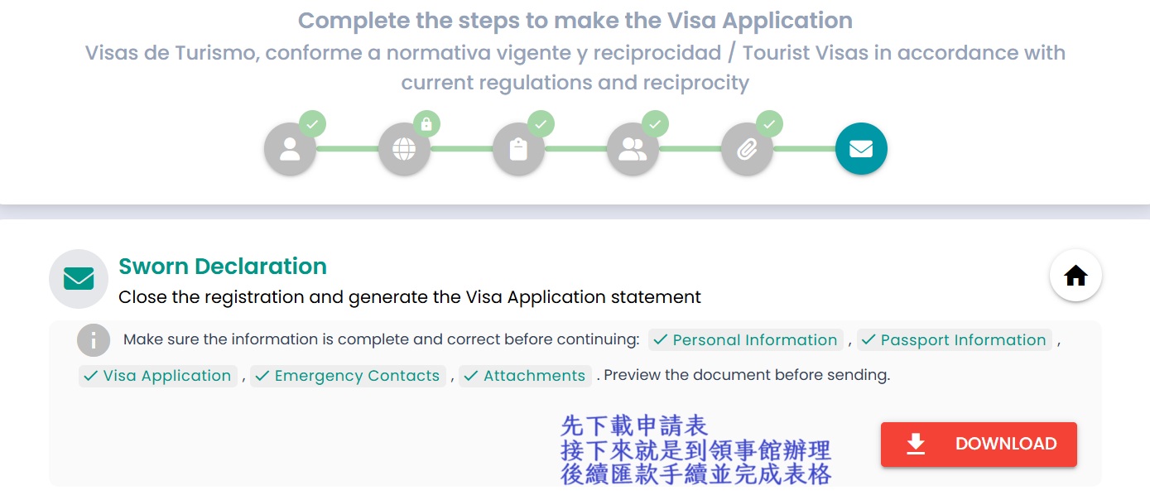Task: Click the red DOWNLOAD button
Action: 979,444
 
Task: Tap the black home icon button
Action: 1075,276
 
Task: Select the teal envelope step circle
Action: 861,149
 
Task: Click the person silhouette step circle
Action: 290,149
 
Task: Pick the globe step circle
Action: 404,149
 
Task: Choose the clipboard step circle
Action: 518,149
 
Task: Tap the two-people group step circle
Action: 633,149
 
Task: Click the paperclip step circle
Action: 747,149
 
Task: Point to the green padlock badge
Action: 426,123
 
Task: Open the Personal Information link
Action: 745,340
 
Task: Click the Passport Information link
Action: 954,340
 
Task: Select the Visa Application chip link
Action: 158,376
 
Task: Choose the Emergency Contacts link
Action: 348,376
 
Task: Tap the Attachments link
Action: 525,376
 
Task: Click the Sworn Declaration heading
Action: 223,266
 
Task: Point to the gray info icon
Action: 94,340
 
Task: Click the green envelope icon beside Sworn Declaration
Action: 79,279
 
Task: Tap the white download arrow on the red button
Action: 916,444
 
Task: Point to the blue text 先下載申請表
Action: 634,426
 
